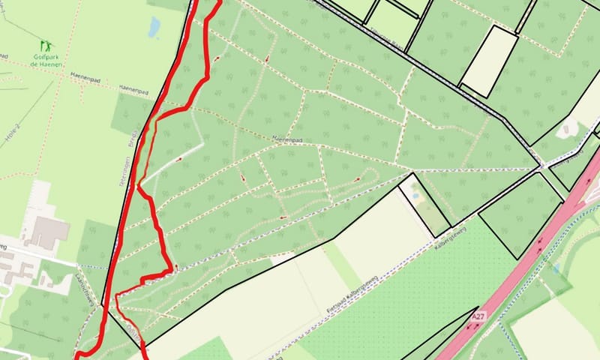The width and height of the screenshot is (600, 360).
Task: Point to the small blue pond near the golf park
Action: pyautogui.click(x=154, y=28)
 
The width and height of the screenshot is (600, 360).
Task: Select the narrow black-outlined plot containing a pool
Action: pyautogui.click(x=424, y=204)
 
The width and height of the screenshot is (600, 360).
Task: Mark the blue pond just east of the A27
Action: pyautogui.click(x=556, y=268)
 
